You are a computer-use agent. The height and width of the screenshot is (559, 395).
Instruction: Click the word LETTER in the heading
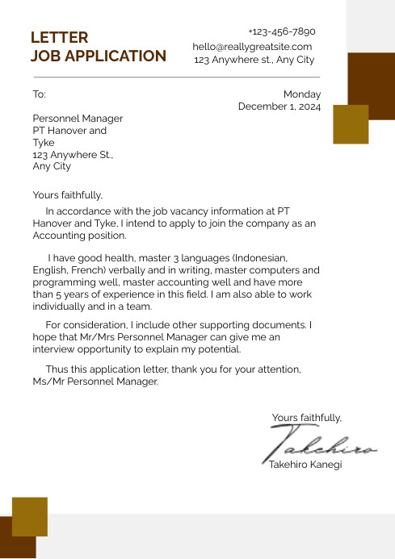click(x=59, y=38)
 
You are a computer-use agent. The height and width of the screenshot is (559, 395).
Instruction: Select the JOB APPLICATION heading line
click(x=98, y=56)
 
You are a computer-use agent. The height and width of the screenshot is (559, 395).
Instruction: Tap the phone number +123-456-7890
click(x=281, y=31)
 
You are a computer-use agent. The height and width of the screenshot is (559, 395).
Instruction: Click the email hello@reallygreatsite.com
click(x=252, y=47)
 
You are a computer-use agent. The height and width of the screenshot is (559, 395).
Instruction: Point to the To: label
click(x=39, y=94)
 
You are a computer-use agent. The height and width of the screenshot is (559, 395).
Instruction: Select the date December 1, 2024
click(x=279, y=106)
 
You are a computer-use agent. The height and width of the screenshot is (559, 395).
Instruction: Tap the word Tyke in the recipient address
click(x=43, y=142)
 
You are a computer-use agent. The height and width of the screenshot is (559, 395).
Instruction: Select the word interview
click(x=56, y=349)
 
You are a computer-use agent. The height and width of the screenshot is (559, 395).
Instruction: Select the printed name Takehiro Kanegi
click(x=305, y=465)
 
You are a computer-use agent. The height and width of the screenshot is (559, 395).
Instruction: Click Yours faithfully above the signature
click(x=306, y=417)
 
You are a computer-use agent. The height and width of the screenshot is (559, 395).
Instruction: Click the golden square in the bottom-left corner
click(x=30, y=516)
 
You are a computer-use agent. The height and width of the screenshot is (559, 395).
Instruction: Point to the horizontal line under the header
click(x=176, y=77)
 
